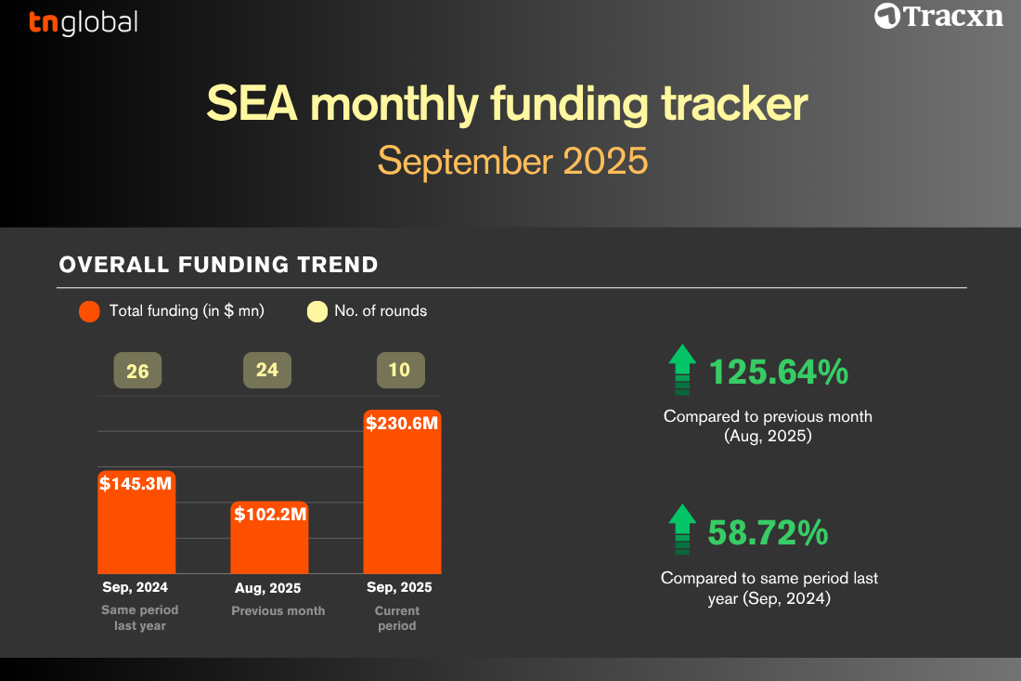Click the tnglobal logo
point(84,23)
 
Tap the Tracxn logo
point(938,17)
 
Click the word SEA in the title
point(252,104)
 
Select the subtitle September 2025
point(512,161)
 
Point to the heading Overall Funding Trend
point(219,265)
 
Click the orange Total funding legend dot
point(89,311)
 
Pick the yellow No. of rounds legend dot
point(317,311)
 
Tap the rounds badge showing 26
point(137,371)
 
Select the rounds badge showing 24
point(267,370)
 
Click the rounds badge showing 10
point(400,370)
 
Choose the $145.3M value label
point(136,483)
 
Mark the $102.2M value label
point(270,514)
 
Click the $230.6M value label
point(402,424)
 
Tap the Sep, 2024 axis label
point(135,587)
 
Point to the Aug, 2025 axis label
point(267,588)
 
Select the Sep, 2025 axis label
point(399,587)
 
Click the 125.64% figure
point(779,373)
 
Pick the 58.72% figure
point(769,532)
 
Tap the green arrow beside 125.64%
point(682,370)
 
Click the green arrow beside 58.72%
point(682,530)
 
